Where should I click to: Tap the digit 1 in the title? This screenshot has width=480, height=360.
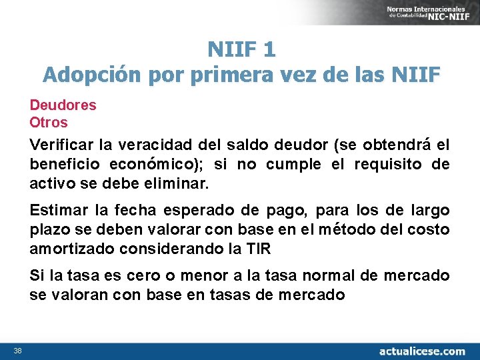[269, 49]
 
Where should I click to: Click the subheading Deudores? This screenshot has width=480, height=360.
[63, 105]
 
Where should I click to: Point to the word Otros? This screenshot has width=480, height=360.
[49, 123]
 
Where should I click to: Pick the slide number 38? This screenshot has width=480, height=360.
[18, 351]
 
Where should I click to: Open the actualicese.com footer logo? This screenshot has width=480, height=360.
[422, 351]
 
